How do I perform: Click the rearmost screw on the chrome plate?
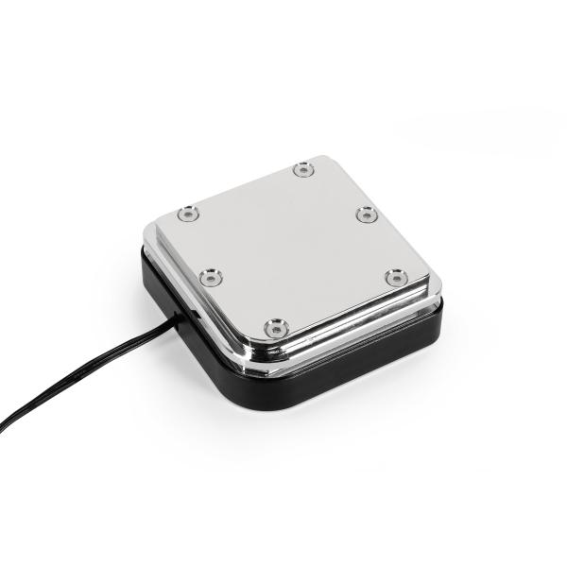tap(302, 170)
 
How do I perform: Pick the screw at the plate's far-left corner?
tap(188, 215)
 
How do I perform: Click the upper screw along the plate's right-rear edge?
tap(368, 215)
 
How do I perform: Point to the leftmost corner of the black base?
tap(145, 255)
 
